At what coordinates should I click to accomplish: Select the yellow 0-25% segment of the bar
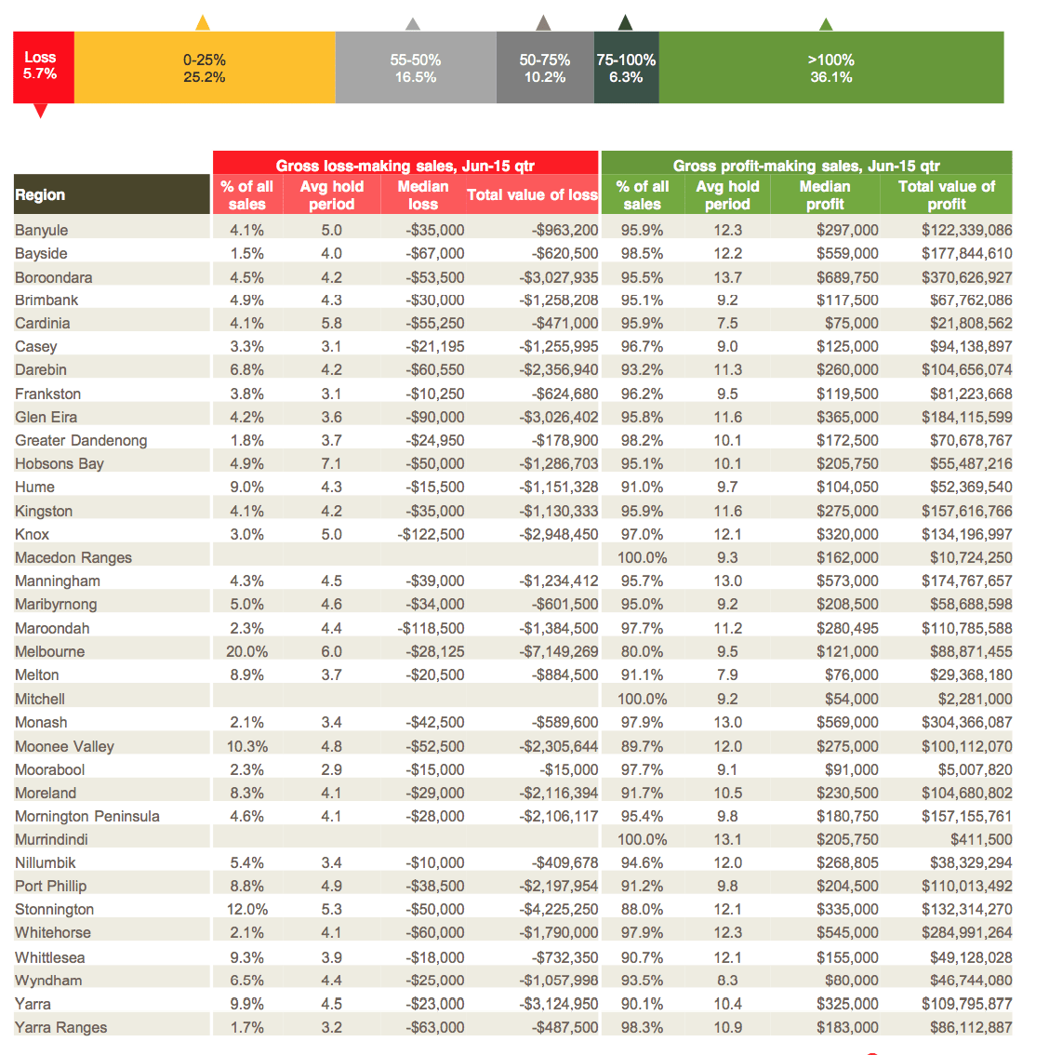tap(205, 67)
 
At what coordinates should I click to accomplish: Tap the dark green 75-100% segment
tap(626, 67)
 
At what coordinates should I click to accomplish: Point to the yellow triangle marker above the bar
tap(203, 23)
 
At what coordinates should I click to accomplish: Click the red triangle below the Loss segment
tap(40, 111)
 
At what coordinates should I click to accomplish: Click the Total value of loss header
tap(532, 194)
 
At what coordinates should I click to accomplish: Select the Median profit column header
tap(825, 195)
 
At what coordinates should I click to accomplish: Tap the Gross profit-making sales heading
tap(806, 166)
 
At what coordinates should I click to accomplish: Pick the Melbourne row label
tap(50, 651)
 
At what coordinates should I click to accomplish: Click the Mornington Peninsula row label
tap(87, 816)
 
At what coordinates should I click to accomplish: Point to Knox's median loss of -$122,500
tap(431, 534)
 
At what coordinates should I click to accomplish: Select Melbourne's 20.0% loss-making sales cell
tap(246, 651)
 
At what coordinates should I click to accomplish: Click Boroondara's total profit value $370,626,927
tap(966, 277)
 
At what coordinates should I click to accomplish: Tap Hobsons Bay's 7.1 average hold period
tap(331, 463)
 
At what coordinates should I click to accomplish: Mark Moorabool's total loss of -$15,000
tap(568, 769)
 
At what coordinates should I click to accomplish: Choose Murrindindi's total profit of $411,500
tap(981, 839)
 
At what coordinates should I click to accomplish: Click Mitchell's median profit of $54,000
tap(852, 699)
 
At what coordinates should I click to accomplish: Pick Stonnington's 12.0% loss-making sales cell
tap(246, 909)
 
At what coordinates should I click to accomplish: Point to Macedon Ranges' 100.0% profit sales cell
tap(643, 557)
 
